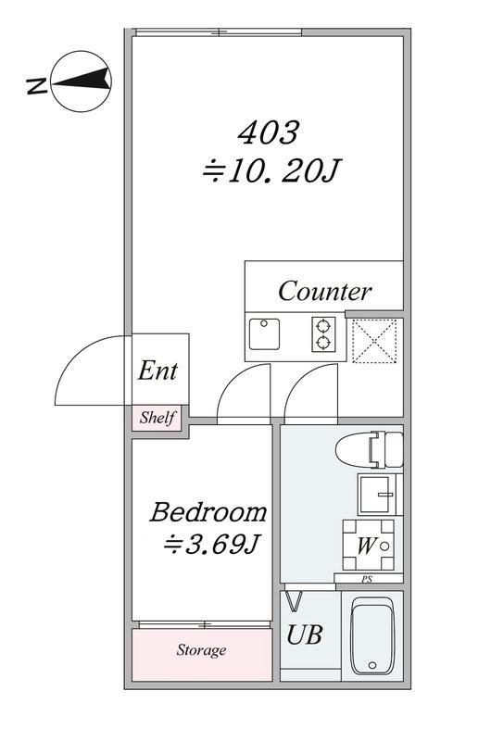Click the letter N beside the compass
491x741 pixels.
click(x=37, y=86)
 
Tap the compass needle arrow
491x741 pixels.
click(x=82, y=81)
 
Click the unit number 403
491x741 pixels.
click(x=269, y=132)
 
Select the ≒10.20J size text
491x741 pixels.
click(x=271, y=170)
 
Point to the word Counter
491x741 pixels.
click(x=324, y=291)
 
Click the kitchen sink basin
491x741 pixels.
click(x=264, y=334)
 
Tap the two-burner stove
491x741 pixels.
click(x=323, y=334)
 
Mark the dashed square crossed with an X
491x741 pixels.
click(x=374, y=341)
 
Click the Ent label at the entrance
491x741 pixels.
click(x=157, y=370)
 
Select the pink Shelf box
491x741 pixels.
click(x=157, y=418)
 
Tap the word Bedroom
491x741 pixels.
click(x=208, y=512)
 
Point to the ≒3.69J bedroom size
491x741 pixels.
click(x=211, y=545)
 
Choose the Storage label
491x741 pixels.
click(x=201, y=650)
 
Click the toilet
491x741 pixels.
click(x=369, y=449)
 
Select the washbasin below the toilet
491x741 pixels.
click(x=378, y=495)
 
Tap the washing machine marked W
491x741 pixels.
click(x=369, y=545)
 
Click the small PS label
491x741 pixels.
click(x=367, y=579)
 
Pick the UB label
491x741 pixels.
click(x=305, y=634)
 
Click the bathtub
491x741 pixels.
click(x=372, y=635)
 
